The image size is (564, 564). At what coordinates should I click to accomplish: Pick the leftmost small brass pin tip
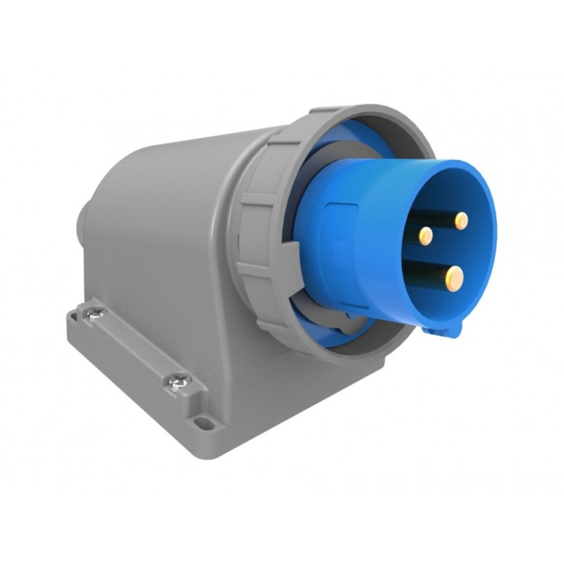pos(425,235)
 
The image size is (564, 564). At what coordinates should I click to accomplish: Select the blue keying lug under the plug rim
pos(446,325)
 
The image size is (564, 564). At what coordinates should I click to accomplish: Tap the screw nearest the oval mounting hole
pos(173,381)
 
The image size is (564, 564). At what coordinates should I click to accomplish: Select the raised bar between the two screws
pos(134,345)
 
